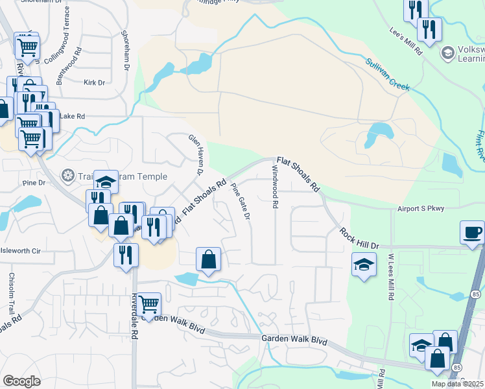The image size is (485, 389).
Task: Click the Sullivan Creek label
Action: [387, 75]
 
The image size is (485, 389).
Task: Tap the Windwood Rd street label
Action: [275, 186]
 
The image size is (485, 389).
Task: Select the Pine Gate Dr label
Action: [241, 201]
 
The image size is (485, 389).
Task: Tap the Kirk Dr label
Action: [94, 83]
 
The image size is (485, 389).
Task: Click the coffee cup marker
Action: [471, 232]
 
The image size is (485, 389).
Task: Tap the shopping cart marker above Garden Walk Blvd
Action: [150, 303]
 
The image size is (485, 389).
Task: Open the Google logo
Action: [21, 381]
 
